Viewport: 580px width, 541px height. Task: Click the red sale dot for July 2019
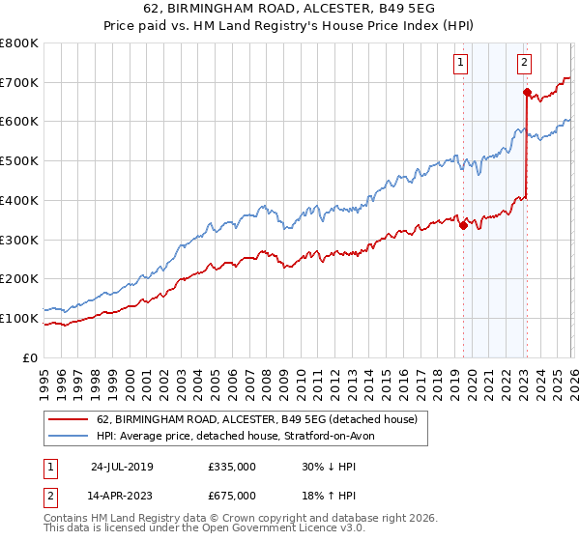[x=463, y=226]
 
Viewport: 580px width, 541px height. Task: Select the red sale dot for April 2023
[x=527, y=93]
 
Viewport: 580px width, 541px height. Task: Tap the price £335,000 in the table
[x=232, y=466]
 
